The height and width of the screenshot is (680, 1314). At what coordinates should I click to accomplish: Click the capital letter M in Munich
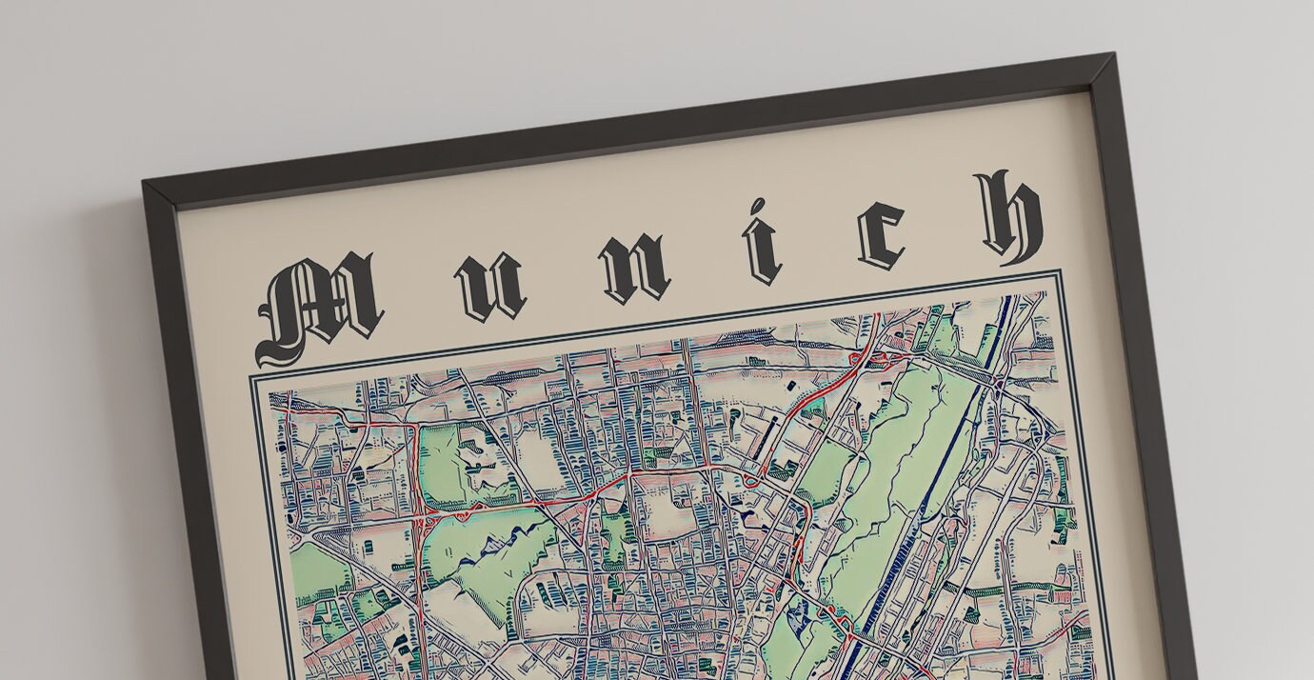click(x=319, y=307)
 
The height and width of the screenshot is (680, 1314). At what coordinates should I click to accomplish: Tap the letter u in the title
click(x=490, y=287)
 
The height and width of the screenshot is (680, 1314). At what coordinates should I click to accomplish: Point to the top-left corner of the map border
click(x=252, y=378)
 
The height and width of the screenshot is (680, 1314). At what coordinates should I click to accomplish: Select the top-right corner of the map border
click(x=1058, y=273)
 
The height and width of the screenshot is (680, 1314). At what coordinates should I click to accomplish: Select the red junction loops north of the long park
click(x=871, y=360)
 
